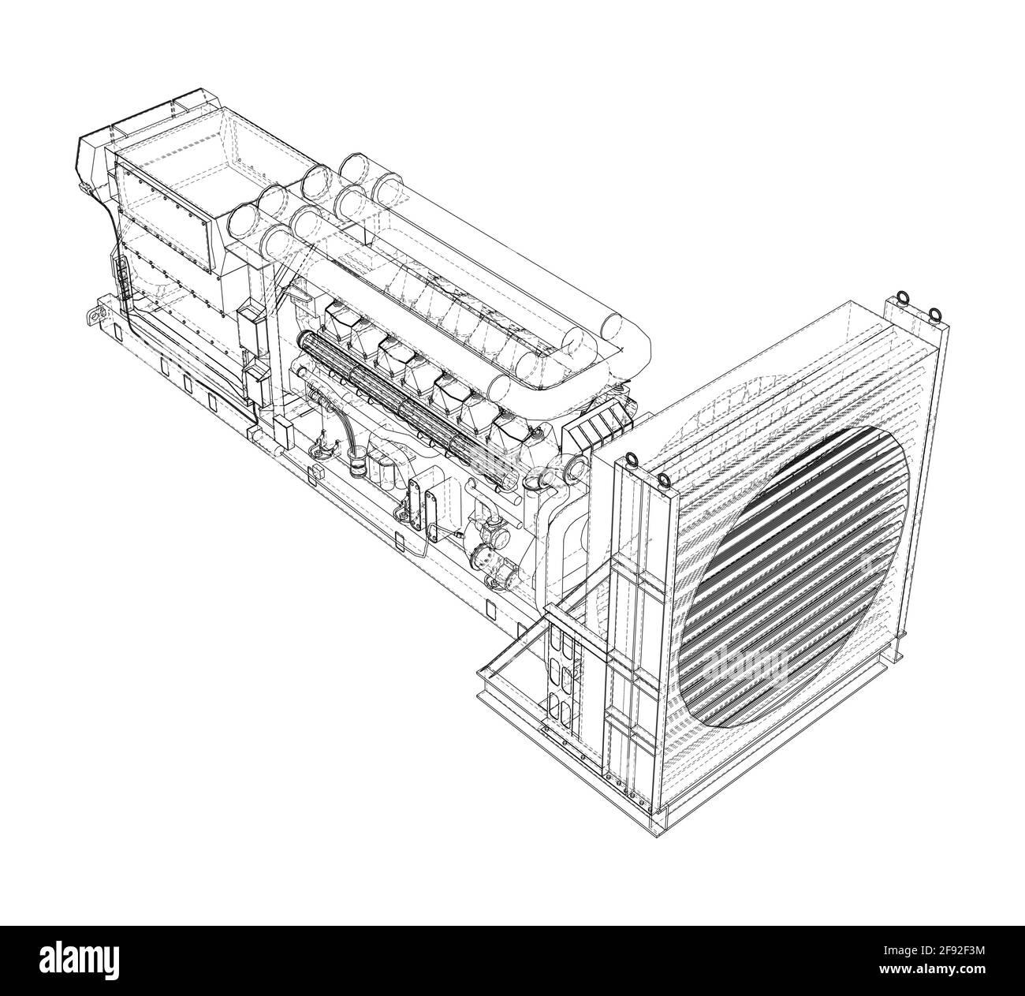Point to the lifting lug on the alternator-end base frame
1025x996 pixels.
pos(95,315)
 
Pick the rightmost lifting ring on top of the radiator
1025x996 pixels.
pos(934,315)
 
